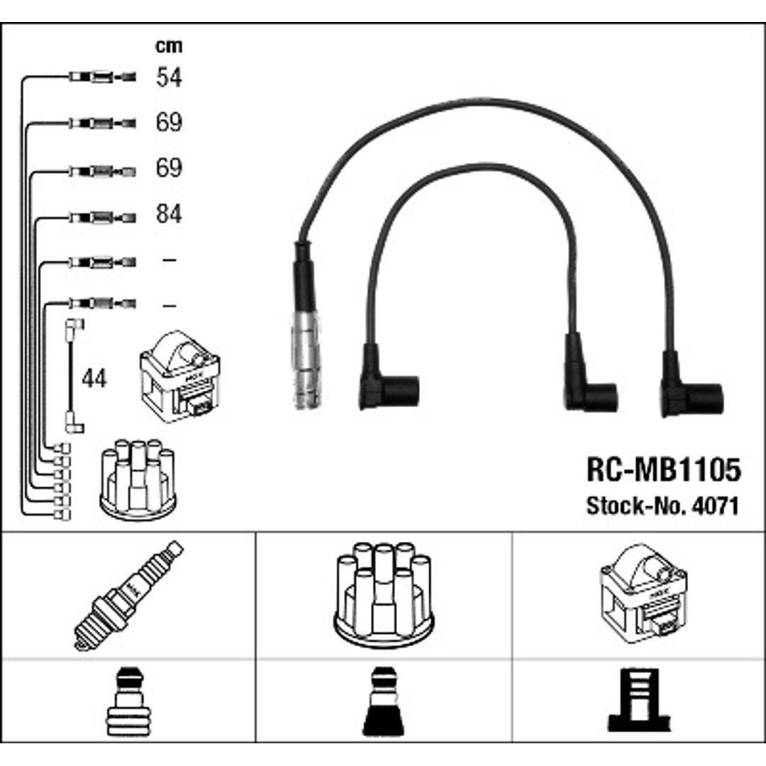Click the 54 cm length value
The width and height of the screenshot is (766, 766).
[169, 77]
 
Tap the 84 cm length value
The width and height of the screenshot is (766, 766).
[169, 214]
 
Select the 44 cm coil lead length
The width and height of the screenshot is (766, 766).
[94, 378]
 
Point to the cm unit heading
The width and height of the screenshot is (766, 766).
[169, 46]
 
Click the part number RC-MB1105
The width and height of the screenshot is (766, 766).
[663, 470]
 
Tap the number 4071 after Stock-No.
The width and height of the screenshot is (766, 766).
[715, 506]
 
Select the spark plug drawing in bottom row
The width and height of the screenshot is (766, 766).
[128, 596]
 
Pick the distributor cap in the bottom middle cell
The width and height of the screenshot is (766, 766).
[384, 595]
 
